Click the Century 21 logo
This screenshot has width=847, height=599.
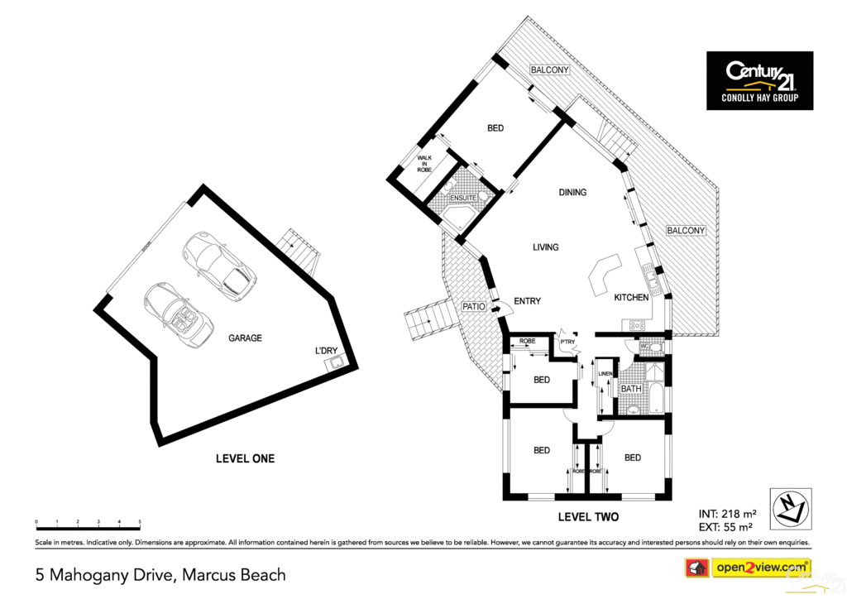(759, 80)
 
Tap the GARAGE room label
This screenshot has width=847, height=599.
(245, 338)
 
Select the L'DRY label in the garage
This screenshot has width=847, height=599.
(327, 351)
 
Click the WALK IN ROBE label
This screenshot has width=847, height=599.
(424, 163)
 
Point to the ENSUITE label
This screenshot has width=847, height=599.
(463, 199)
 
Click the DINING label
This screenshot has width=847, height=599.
(572, 193)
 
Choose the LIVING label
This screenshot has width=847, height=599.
(545, 247)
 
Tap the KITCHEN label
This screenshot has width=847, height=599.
(630, 298)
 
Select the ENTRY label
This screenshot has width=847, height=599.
(527, 301)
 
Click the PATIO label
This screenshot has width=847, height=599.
(473, 307)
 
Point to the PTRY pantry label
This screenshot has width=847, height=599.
(567, 341)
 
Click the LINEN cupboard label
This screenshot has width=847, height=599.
(605, 374)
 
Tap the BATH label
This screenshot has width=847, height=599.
(631, 389)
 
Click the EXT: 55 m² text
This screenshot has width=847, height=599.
(725, 527)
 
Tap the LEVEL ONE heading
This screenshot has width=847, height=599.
(245, 458)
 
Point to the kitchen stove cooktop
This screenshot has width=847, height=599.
(638, 326)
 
